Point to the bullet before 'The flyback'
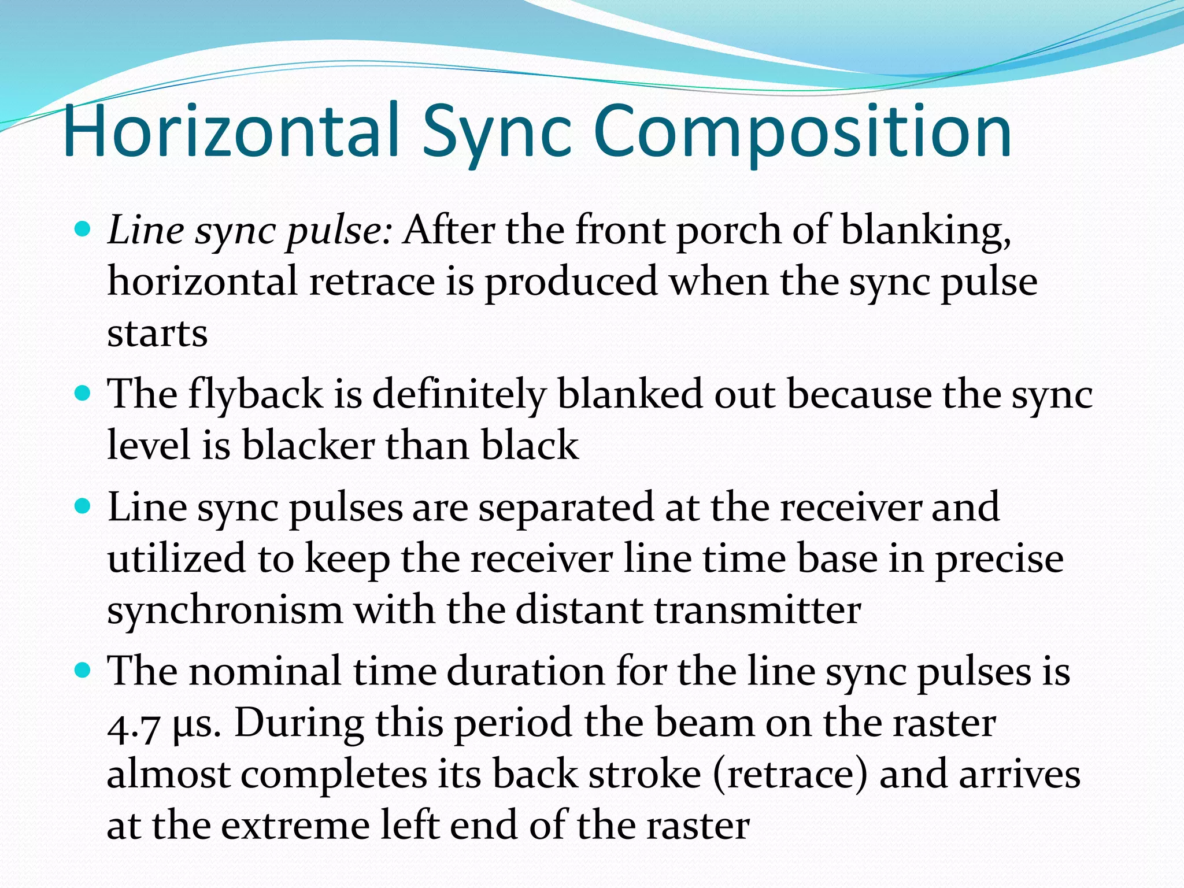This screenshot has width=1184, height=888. coord(84,394)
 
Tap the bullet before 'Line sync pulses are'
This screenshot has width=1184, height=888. coord(84,507)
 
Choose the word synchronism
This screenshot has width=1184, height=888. coord(225,610)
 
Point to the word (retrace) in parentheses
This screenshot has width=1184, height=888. coord(790,775)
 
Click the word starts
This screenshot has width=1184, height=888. coord(157,334)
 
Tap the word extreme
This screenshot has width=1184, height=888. coord(295,826)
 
